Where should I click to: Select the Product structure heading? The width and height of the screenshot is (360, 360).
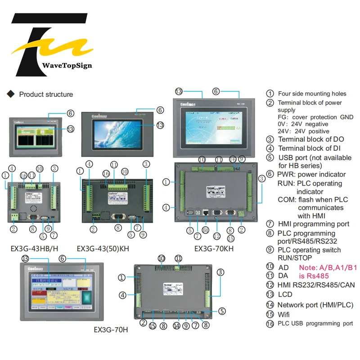[45, 94]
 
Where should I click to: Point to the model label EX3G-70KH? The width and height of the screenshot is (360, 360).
[214, 248]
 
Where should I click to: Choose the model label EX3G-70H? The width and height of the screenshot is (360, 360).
[111, 329]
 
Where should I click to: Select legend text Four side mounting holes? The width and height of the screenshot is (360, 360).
[312, 94]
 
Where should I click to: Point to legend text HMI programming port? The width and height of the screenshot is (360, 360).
[313, 224]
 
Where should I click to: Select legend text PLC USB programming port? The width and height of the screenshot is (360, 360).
[315, 324]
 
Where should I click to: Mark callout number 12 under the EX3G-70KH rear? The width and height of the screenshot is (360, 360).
[217, 236]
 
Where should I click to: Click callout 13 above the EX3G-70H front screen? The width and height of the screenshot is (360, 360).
[25, 258]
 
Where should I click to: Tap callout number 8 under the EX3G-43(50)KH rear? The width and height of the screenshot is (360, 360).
[117, 228]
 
